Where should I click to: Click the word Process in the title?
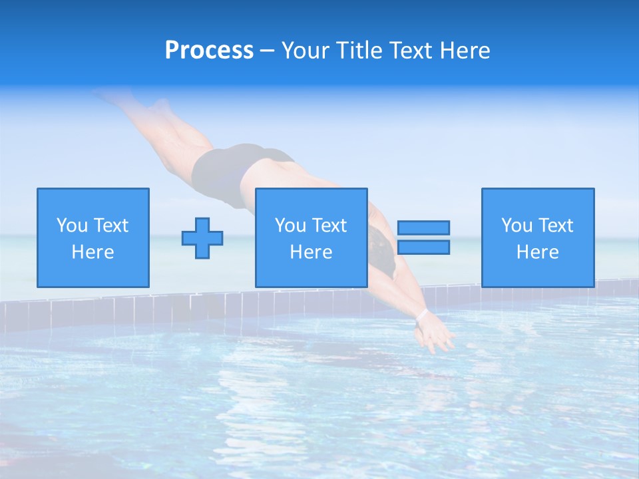coord(209,51)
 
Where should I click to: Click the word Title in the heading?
coord(359,51)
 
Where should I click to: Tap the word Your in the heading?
coord(307,51)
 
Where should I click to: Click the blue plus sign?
coord(202,238)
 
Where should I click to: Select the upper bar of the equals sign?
coord(423,228)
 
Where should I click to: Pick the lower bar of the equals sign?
coord(423,247)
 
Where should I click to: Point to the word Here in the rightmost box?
coord(538,252)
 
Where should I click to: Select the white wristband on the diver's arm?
coord(421,314)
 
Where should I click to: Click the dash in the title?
coord(268,51)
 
